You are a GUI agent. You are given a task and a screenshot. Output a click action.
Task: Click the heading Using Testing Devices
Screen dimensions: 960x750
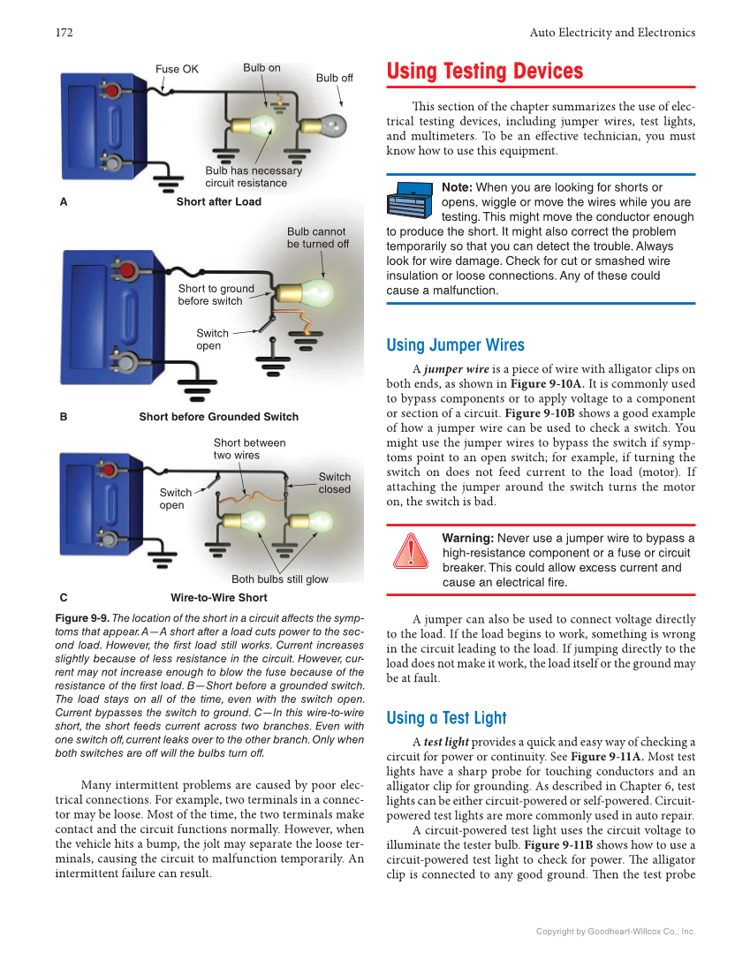(485, 72)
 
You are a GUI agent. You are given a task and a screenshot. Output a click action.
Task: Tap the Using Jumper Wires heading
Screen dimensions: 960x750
(455, 345)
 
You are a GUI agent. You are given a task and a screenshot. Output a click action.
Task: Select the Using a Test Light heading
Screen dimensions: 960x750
(446, 718)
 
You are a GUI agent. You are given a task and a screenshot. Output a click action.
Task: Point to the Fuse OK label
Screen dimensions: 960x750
(177, 69)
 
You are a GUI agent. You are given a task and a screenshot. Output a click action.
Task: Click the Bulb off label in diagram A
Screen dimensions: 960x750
(334, 78)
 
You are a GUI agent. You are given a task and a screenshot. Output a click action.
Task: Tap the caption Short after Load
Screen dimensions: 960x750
(218, 201)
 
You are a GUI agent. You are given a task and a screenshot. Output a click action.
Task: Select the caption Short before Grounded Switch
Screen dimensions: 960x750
(218, 417)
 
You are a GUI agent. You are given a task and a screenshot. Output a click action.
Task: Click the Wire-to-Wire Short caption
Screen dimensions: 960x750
(218, 598)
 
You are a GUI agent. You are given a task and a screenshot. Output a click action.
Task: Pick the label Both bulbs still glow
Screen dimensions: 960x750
(279, 579)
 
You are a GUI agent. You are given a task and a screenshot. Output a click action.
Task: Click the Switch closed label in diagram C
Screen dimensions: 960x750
(334, 483)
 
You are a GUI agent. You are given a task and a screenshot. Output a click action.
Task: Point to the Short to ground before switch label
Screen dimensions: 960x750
(216, 295)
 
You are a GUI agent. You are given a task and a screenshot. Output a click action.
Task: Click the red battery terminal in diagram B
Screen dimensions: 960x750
(127, 269)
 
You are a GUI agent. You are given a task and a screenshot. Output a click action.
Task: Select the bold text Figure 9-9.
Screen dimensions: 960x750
(81, 618)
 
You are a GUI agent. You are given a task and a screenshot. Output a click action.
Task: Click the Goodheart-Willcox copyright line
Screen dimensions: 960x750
(616, 931)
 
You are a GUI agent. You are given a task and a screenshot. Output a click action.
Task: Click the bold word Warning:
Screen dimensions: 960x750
(467, 538)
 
